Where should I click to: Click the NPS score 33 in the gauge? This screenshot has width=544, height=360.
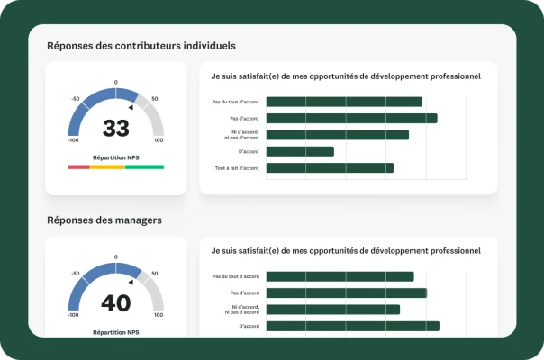click(115, 129)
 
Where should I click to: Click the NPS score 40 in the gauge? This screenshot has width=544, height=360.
click(115, 303)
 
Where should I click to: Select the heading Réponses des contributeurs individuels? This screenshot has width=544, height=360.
click(141, 45)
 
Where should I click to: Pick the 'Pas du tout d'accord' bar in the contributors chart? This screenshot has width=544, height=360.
click(344, 102)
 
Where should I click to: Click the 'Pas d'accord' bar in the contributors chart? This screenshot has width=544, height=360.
click(351, 118)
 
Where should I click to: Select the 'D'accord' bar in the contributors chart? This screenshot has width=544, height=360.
click(300, 151)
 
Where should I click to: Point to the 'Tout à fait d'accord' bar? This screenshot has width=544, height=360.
click(330, 167)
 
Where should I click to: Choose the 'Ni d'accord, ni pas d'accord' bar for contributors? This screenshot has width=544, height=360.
click(338, 135)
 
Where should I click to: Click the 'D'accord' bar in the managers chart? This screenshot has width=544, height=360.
click(352, 326)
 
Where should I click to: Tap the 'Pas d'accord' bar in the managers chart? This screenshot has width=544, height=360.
click(346, 292)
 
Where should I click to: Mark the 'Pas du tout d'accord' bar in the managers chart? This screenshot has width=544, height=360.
click(340, 276)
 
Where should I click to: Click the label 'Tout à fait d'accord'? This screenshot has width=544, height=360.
click(237, 168)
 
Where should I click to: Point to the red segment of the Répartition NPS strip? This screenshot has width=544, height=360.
click(78, 166)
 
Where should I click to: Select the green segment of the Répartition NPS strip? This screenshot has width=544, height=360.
click(144, 166)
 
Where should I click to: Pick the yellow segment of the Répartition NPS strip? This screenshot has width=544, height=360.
click(107, 166)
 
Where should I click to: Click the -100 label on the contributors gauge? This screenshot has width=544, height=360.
click(73, 140)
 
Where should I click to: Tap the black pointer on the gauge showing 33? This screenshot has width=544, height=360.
click(131, 107)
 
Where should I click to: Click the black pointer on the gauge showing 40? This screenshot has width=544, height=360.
click(131, 282)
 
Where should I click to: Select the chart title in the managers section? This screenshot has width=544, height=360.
click(346, 250)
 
